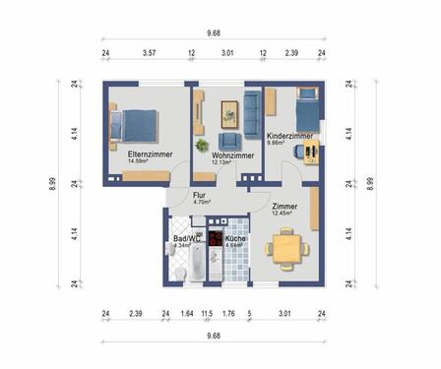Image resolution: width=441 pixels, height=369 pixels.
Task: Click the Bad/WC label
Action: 187,239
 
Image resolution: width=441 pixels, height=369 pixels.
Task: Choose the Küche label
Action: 234,239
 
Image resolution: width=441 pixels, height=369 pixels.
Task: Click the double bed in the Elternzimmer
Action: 136,123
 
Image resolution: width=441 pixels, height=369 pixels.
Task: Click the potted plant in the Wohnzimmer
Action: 202,146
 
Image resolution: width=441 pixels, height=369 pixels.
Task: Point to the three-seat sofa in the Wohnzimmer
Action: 253,110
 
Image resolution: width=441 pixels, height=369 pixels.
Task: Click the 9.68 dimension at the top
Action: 214,32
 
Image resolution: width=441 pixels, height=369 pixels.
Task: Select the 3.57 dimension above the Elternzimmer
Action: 150,55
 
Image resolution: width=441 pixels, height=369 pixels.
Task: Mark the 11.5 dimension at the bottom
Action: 206,315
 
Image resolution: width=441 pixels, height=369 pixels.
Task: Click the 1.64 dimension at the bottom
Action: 187,315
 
